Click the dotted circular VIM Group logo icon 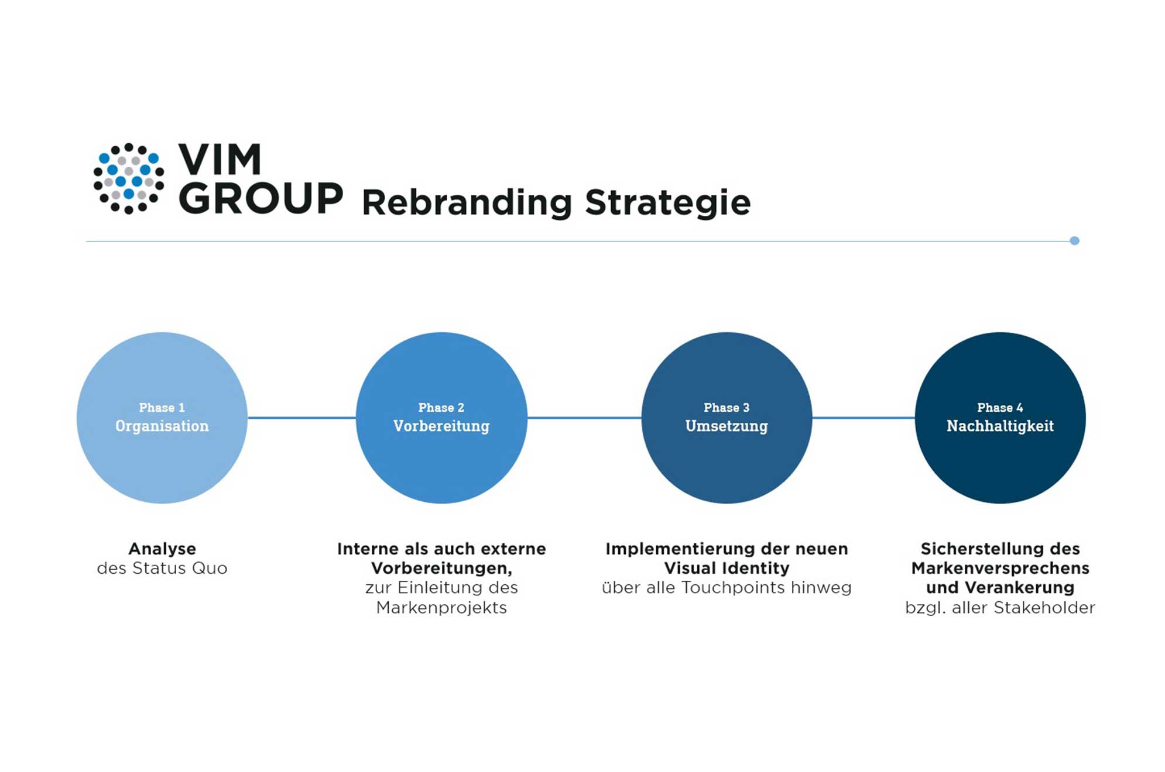pos(129,178)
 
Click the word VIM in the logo pos(220,160)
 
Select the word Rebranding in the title pos(467,203)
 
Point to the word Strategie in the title pos(668,203)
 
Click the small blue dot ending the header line pos(1074,240)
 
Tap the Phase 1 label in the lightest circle pos(162,408)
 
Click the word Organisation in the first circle pos(162,426)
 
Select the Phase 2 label pos(441,408)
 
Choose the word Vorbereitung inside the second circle pos(441,426)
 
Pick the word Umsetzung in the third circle pos(727,426)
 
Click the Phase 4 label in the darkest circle pos(1000,408)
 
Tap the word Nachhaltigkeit pos(1000,426)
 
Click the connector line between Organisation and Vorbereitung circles pos(301,418)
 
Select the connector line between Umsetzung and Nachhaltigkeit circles pos(864,418)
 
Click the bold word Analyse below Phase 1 pos(162,549)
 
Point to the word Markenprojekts pos(441,608)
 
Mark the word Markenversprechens pos(1000,568)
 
